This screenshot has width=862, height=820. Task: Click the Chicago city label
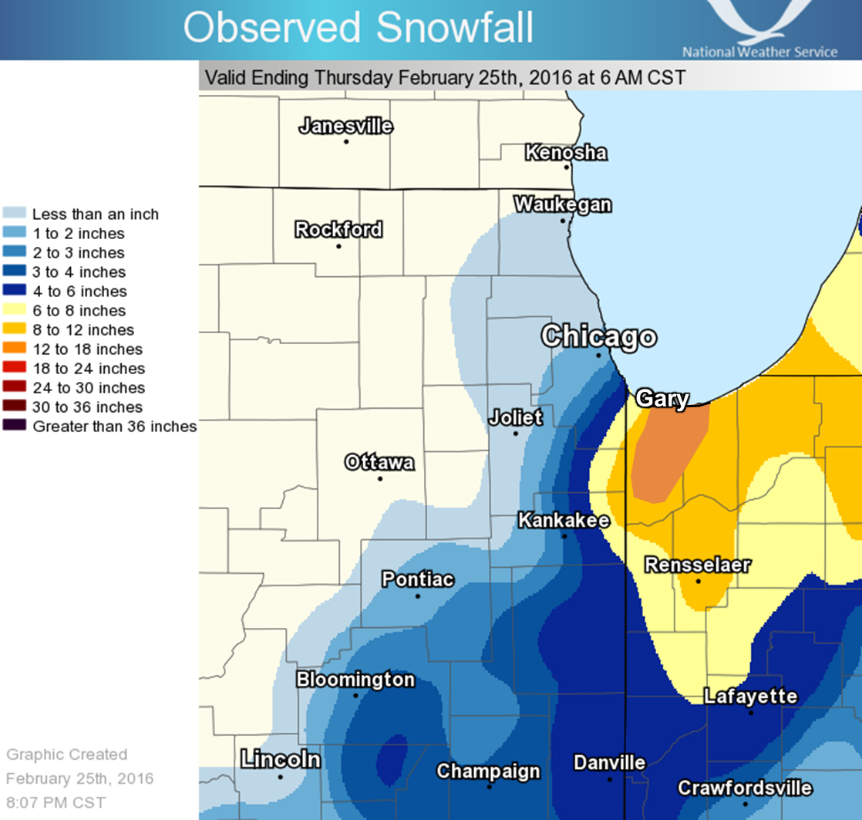[598, 337]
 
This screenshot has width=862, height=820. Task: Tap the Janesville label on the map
[345, 127]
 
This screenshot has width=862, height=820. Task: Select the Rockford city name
[338, 230]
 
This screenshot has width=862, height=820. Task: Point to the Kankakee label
[564, 521]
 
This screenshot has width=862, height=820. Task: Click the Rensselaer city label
[697, 565]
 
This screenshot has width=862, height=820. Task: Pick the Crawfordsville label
[744, 788]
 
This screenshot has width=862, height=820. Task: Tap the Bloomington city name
[355, 680]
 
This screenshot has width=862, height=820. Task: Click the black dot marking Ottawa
[380, 479]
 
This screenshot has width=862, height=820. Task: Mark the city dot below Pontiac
[418, 596]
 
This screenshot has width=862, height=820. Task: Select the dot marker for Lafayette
[751, 713]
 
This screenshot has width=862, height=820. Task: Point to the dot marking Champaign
[489, 787]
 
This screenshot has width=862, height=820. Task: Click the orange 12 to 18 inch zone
[667, 451]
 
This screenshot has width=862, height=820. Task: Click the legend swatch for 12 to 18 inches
[16, 349]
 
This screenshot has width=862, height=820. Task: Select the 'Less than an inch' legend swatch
[16, 214]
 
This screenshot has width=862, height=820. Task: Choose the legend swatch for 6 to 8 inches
[16, 311]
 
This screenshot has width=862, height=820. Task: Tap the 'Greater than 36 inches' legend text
[114, 427]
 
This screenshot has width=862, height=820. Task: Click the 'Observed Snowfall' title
[358, 28]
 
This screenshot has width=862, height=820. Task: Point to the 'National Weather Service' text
[759, 52]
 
